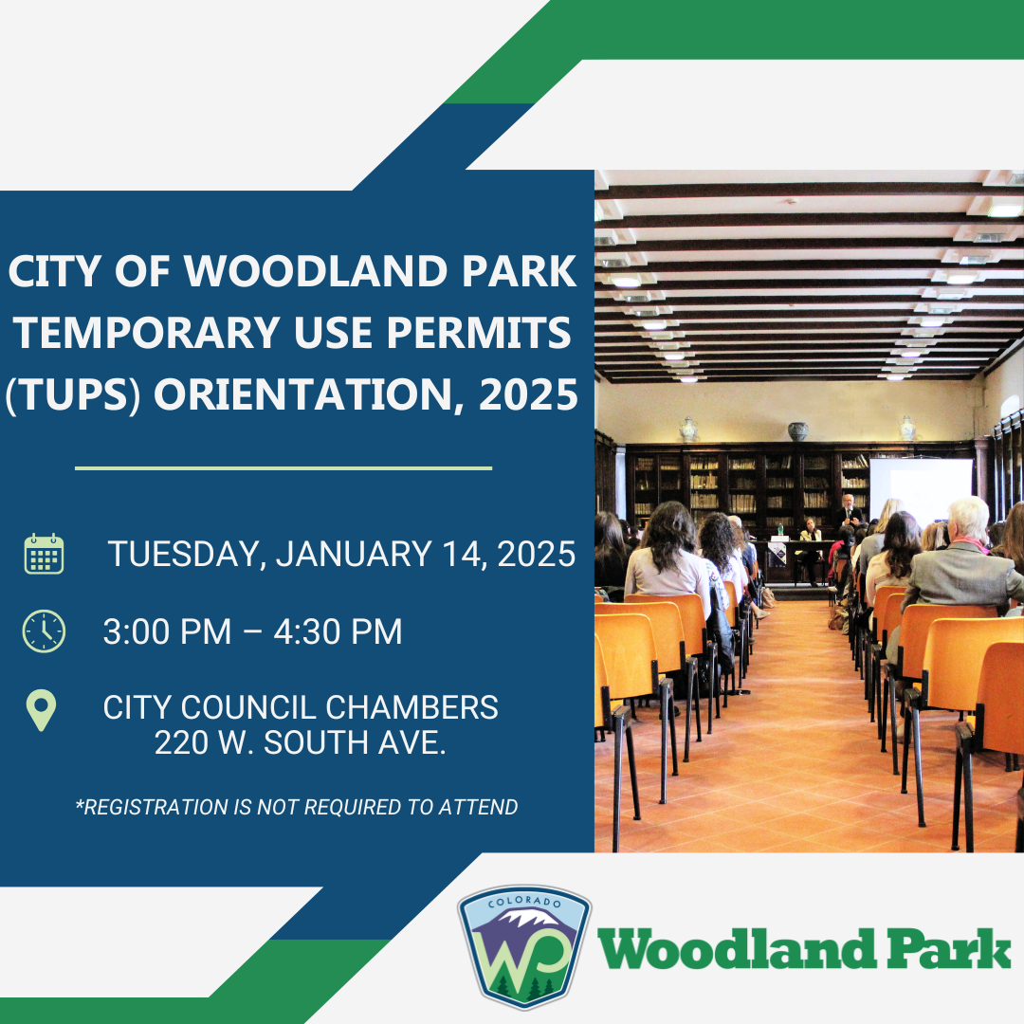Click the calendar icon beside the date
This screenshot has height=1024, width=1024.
coord(44,554)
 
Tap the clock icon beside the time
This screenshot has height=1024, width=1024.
coord(44,631)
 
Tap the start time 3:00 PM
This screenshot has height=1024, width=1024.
coord(167,631)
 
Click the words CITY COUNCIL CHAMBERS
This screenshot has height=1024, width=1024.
coord(301,707)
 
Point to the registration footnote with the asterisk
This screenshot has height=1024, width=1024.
coord(297,807)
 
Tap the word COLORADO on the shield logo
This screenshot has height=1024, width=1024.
coord(524,902)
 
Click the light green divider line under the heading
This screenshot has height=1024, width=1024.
coord(283,467)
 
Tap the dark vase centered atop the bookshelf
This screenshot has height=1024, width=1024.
coord(798,431)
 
